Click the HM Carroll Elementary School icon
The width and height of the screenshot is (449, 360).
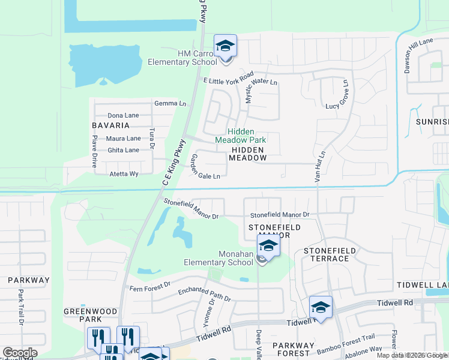225,46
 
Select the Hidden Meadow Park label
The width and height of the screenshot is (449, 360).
240,136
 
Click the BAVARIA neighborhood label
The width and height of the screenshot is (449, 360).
110,125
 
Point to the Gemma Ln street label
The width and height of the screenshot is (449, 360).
170,103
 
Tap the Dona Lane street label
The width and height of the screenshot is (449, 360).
123,115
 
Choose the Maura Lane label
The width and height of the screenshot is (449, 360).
124,139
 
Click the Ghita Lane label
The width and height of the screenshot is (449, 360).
123,150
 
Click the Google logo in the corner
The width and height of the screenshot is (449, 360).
20,353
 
